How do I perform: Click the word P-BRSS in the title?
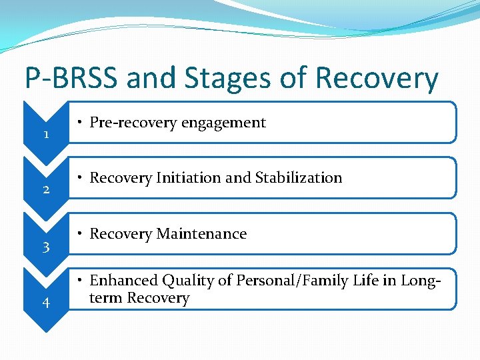click(x=71, y=79)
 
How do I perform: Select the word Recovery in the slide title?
click(x=377, y=79)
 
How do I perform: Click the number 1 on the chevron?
click(x=45, y=135)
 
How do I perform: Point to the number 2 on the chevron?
click(x=45, y=190)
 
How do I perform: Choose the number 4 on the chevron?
click(x=45, y=303)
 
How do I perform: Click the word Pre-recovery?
click(x=130, y=123)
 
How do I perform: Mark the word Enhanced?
click(x=121, y=281)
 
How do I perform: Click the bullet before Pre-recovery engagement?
click(x=79, y=123)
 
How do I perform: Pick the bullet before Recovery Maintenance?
click(x=79, y=234)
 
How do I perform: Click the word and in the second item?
click(x=235, y=178)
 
